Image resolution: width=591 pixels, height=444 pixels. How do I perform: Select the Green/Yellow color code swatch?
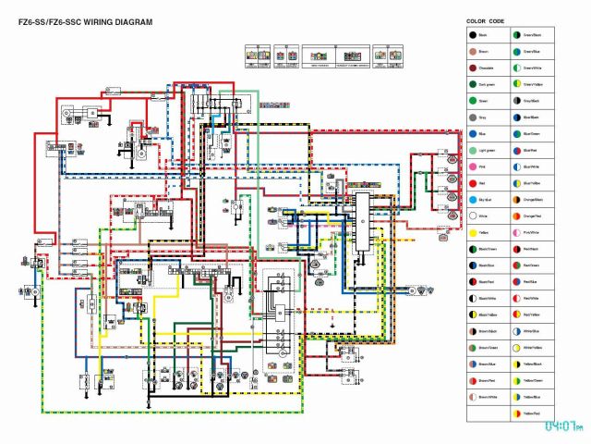pos(516,85)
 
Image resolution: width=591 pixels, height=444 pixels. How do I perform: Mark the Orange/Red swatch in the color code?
pos(516,216)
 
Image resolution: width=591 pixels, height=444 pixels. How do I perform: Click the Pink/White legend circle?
pos(516,233)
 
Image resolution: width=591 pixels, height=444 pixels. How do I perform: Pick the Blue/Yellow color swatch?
pos(516,183)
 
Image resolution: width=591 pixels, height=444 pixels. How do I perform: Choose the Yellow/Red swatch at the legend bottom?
pos(516,413)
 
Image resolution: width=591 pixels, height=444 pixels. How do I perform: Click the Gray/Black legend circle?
pos(516,101)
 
